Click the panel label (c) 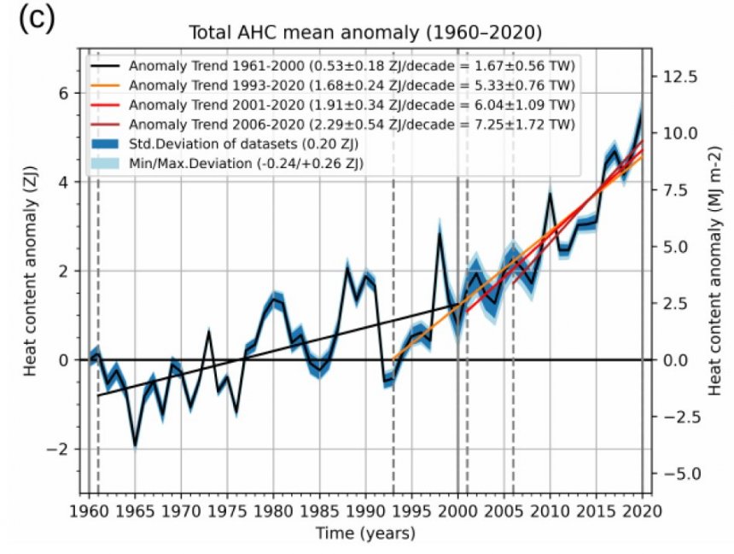(35, 20)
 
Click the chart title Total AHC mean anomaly (366, 33)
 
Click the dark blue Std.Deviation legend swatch (108, 144)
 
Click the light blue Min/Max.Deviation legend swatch (108, 163)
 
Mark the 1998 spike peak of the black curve (440, 234)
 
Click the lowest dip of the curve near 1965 (135, 445)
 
